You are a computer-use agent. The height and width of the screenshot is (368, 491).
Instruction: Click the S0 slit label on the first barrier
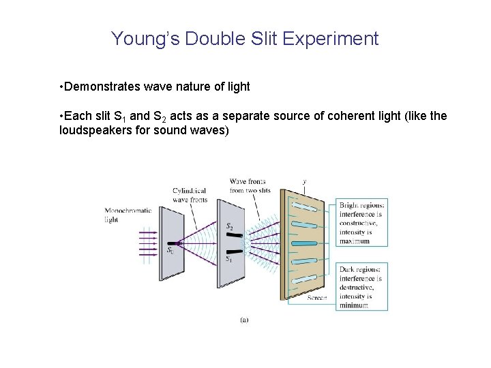click(170, 251)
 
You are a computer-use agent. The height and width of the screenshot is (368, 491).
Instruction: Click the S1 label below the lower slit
click(229, 260)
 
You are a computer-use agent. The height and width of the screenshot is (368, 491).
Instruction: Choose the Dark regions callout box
click(361, 287)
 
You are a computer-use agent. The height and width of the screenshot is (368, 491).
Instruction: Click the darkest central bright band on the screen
click(304, 243)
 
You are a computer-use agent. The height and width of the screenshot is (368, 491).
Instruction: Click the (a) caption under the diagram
click(245, 318)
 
